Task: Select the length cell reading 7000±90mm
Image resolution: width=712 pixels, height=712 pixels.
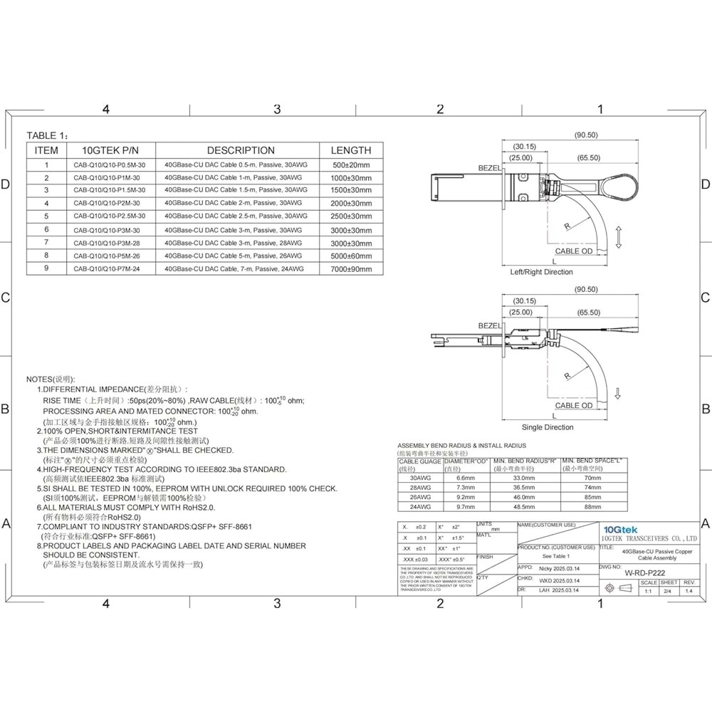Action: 352,268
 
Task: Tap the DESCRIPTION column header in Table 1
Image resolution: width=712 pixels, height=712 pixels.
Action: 240,150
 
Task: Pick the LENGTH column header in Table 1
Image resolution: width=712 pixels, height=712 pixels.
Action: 351,150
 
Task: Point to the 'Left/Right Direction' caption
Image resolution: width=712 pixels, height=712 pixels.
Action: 542,272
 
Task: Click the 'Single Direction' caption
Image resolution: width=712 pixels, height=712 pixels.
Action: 548,427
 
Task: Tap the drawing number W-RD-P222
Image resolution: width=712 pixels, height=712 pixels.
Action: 644,572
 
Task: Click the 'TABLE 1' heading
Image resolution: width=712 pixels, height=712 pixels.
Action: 48,135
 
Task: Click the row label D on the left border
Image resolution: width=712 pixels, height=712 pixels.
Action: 6,184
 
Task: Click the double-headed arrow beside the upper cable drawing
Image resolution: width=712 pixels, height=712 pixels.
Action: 619,236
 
